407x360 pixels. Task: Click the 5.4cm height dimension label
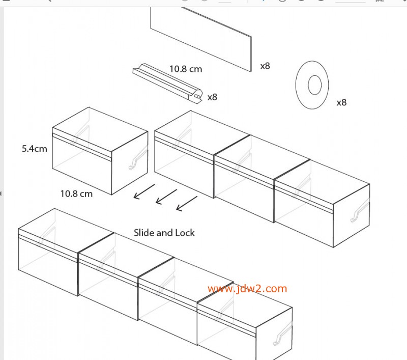click(35, 149)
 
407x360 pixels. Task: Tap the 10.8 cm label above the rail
click(186, 69)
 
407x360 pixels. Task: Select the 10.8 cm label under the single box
click(76, 194)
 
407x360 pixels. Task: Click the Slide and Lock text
click(164, 233)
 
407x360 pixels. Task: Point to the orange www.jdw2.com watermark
click(247, 289)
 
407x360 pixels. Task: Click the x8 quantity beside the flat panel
click(265, 66)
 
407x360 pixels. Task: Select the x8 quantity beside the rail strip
click(212, 97)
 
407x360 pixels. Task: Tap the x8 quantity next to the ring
click(341, 102)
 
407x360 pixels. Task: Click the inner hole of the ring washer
click(314, 85)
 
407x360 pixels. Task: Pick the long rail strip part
click(168, 84)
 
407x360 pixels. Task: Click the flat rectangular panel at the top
click(201, 39)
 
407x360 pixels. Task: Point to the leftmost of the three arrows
click(144, 191)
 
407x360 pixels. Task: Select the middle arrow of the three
click(166, 197)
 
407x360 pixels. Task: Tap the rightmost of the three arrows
click(187, 203)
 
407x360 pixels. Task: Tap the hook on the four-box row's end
click(283, 334)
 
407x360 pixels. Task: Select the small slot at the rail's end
click(197, 97)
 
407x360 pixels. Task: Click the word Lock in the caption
click(185, 233)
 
